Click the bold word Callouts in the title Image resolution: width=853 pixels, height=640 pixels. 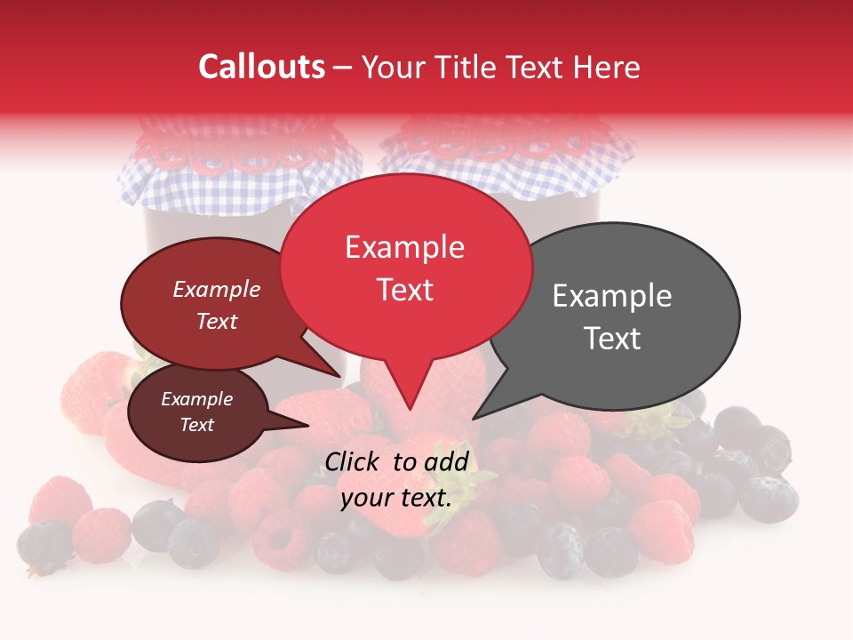pyautogui.click(x=262, y=67)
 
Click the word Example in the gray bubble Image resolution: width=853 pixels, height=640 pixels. pyautogui.click(x=612, y=296)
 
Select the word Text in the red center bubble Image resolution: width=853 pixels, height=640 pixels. pyautogui.click(x=405, y=290)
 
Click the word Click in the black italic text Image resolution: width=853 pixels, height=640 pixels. pyautogui.click(x=354, y=461)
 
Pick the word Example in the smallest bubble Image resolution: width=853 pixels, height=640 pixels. pyautogui.click(x=196, y=399)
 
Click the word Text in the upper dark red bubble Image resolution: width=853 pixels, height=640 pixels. pyautogui.click(x=217, y=321)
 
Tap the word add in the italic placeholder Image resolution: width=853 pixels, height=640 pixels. pyautogui.click(x=447, y=461)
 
